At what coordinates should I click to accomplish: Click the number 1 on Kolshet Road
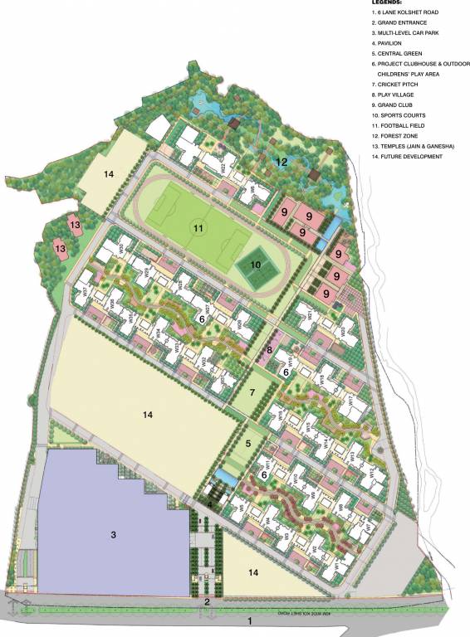(247, 620)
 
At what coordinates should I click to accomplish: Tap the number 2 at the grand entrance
(207, 601)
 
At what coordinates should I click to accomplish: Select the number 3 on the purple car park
(114, 535)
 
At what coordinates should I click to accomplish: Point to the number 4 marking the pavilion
(210, 503)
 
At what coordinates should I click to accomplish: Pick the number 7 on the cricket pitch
(252, 391)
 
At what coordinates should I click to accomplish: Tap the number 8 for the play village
(269, 352)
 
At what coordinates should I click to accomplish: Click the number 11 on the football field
(198, 226)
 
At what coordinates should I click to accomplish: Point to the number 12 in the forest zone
(282, 162)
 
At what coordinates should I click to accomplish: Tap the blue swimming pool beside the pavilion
(224, 478)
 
